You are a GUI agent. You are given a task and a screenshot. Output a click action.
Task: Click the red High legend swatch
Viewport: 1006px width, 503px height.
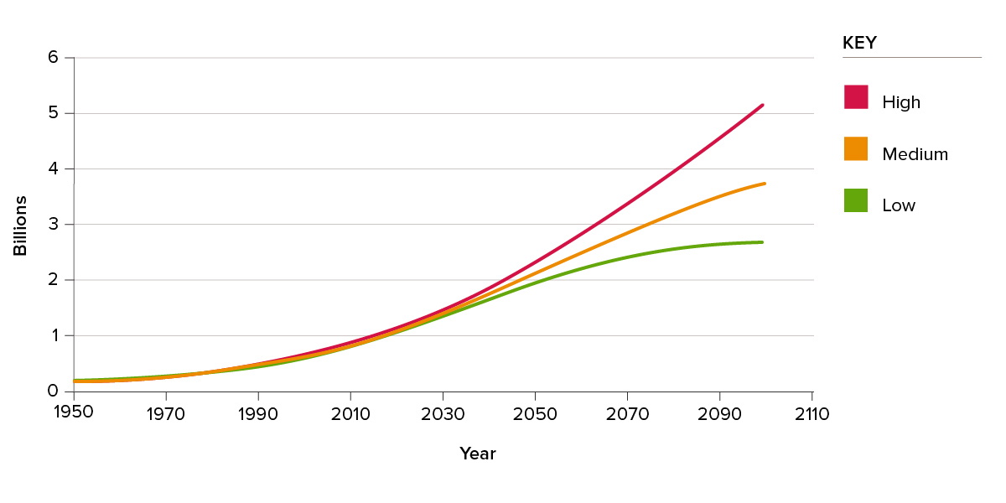tap(856, 97)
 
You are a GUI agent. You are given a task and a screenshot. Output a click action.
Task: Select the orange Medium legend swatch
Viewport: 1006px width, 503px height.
tap(856, 149)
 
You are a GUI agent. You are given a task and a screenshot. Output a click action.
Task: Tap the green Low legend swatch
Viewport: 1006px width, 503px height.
tap(856, 200)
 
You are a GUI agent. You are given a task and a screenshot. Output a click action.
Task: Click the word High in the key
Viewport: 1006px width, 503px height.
tap(901, 102)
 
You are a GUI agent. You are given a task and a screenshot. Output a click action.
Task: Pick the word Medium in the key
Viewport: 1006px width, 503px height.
tap(915, 154)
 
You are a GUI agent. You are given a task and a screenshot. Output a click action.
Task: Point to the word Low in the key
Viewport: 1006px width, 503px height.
tap(899, 205)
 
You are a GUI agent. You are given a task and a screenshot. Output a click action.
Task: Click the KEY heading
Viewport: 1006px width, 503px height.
tap(859, 44)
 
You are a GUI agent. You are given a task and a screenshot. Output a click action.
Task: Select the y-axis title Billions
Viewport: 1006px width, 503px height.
tap(20, 226)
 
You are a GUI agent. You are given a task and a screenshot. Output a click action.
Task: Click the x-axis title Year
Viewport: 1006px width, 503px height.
tap(478, 454)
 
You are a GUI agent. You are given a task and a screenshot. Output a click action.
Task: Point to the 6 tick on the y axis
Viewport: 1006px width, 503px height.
tap(53, 58)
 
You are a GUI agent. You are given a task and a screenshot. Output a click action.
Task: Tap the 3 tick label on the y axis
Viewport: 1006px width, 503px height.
tap(53, 224)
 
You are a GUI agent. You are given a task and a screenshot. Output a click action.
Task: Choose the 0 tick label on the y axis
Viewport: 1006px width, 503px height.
tap(53, 391)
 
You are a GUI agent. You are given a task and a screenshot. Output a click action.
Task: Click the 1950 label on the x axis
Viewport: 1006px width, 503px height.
tap(74, 414)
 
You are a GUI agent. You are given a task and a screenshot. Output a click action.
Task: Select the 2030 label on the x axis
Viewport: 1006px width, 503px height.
tap(443, 414)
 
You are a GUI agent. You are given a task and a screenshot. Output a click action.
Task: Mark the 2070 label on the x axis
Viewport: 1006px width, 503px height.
tap(627, 414)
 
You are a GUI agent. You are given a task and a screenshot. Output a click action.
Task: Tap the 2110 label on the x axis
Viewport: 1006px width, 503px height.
tap(812, 414)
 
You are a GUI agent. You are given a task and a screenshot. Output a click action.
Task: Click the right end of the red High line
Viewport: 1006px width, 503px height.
tap(762, 106)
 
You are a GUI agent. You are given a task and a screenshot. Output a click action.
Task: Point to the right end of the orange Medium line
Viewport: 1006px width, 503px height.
tap(764, 184)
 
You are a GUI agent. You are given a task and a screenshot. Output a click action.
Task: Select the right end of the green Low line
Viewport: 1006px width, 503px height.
tap(761, 242)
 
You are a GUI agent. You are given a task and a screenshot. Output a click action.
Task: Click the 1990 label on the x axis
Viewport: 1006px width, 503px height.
tap(258, 414)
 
